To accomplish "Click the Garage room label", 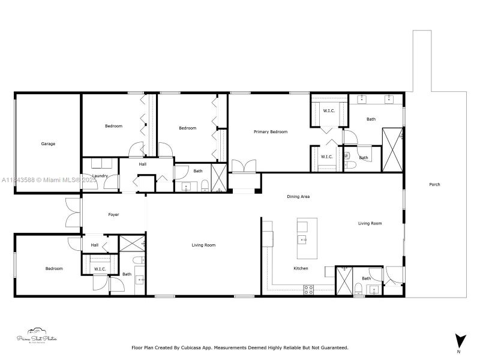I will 48,144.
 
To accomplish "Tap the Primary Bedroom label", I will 270,132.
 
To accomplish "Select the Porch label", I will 434,185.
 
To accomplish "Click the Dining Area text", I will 298,196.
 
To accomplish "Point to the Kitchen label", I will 301,268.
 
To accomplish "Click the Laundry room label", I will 100,176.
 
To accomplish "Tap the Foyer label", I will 113,214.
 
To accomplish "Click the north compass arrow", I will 460,340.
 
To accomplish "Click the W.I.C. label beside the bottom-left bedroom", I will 100,269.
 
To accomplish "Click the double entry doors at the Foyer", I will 73,213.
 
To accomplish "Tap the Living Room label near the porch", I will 370,223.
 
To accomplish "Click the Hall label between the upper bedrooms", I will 142,164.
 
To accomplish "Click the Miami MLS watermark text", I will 48,180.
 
